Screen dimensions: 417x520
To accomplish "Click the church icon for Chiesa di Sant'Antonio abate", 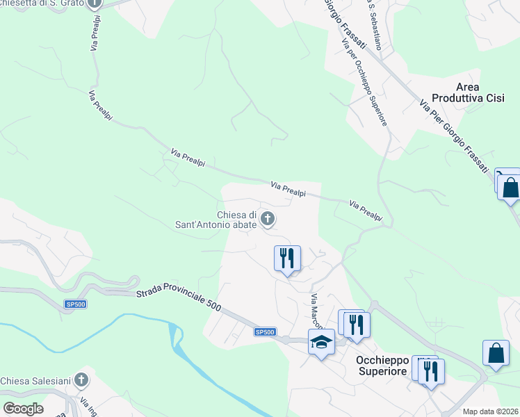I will coord(267,220).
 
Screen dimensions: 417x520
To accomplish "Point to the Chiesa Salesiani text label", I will coord(35,381).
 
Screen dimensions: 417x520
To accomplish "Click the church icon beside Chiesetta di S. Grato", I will coord(96,3).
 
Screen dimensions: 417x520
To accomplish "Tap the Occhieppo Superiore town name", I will coord(381,366).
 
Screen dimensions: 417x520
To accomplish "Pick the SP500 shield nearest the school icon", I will coord(265,333).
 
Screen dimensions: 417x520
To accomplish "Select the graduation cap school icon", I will coord(321,342).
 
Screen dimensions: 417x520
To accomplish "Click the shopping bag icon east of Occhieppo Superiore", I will coord(496,352).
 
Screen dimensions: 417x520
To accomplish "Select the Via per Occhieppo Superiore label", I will coord(364,81).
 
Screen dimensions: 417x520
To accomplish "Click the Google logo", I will coord(23,409).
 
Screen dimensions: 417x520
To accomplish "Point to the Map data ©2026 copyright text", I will coord(491,411).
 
